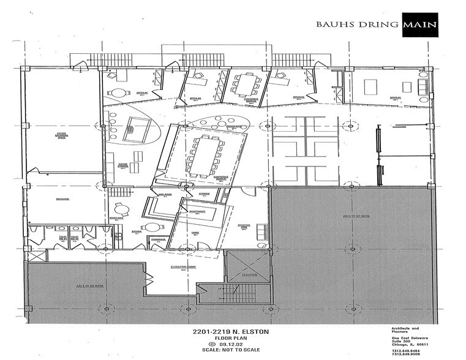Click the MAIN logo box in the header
click(x=419, y=25)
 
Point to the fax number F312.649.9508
click(x=408, y=353)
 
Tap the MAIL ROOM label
click(x=164, y=194)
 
